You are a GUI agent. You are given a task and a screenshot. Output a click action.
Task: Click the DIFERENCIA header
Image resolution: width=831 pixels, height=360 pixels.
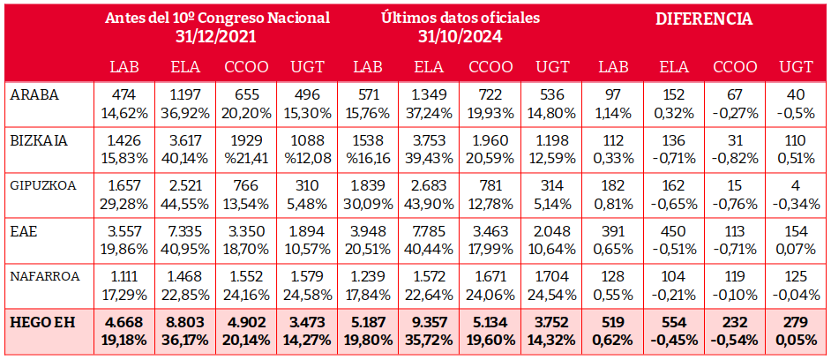coord(703,19)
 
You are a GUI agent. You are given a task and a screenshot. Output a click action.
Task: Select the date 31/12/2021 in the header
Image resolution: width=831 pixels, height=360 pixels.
coord(216,36)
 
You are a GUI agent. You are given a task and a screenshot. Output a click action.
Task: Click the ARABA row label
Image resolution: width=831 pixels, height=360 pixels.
coord(34,95)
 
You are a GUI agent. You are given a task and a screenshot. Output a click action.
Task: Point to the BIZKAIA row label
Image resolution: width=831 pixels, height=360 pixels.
coord(41,140)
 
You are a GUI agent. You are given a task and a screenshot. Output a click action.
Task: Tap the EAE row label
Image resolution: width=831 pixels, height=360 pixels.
coord(24,231)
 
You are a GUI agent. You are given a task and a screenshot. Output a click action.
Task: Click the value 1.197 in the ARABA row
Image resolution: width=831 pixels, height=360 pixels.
coord(185,95)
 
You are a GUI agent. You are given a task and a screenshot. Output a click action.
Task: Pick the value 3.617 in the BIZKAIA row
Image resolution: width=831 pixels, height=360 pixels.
coord(185,140)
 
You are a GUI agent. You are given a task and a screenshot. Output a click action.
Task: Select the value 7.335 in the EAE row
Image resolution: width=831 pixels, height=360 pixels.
coord(185,231)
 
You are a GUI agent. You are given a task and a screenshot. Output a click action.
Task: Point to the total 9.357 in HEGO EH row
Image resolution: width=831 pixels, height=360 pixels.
coord(429,322)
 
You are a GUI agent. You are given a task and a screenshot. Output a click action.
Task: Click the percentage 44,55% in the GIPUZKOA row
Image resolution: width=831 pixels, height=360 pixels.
coord(185,203)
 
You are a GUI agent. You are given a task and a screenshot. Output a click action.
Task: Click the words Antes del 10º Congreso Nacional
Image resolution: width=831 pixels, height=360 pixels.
coord(216,18)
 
